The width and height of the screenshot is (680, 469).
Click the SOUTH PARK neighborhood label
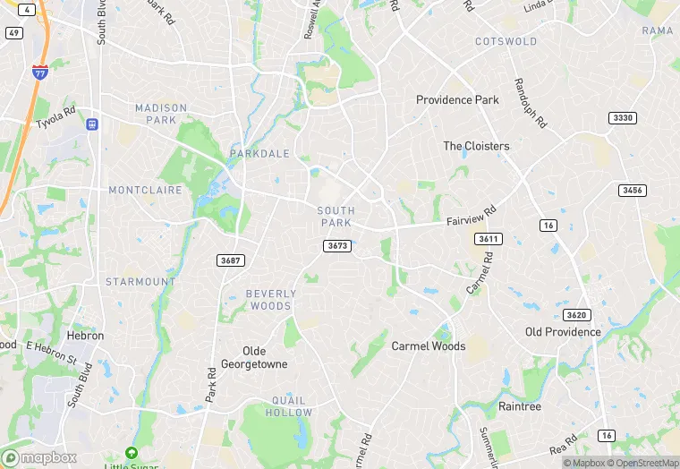[x=336, y=217]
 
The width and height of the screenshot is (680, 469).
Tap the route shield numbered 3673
[x=337, y=245]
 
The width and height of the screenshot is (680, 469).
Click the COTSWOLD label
[x=506, y=41]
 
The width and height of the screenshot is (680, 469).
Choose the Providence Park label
[x=457, y=99]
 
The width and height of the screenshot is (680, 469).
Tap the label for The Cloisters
[x=476, y=146]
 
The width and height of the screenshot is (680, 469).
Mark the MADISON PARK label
[x=161, y=114]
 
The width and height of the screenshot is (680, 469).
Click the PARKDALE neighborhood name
[x=259, y=154]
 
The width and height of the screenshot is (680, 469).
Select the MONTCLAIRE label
[x=145, y=190]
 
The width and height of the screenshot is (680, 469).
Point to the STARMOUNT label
[x=140, y=281]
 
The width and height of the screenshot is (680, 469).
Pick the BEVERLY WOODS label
[x=269, y=300]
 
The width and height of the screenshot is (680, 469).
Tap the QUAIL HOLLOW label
[x=289, y=406]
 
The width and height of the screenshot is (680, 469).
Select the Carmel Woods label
[x=429, y=345]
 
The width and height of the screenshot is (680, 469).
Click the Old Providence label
[x=563, y=332]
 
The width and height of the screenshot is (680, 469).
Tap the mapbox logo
[x=40, y=456]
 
